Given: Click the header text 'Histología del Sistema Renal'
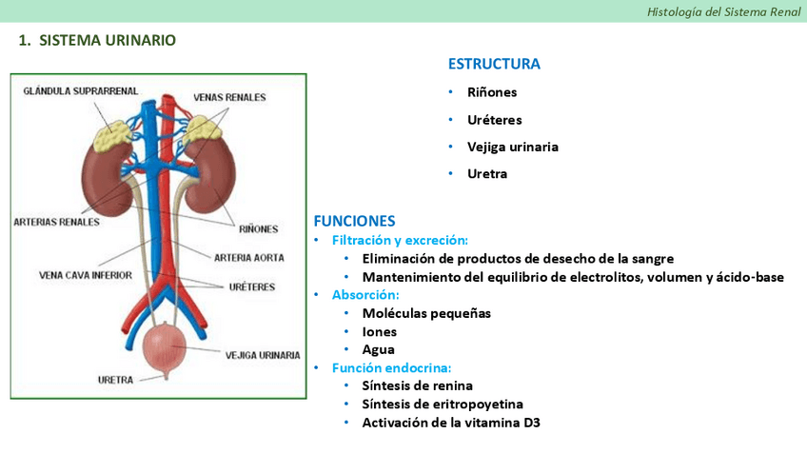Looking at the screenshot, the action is (723, 11).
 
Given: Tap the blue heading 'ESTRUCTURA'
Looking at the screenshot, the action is (494, 65).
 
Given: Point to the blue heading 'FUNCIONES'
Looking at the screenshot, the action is (354, 221).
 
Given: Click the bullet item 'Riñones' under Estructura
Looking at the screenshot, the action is (492, 92).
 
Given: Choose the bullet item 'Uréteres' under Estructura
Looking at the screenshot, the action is (494, 120).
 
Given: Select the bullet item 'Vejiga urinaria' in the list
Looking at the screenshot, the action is (512, 147).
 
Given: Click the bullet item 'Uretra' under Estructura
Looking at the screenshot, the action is (487, 174).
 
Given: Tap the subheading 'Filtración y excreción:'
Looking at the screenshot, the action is (400, 240).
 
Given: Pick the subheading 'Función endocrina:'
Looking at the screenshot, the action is (391, 367).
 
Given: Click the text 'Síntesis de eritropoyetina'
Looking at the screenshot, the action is (443, 404).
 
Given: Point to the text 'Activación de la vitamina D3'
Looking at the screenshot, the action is (451, 422).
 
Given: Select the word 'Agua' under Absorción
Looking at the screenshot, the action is (378, 349).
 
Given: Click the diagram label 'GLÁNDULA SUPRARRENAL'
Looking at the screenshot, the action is (81, 91).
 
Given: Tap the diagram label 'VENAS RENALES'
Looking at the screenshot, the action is (229, 97).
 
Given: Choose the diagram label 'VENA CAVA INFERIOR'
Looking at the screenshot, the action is (86, 275).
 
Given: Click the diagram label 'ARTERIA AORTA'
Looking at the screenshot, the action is (248, 257).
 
